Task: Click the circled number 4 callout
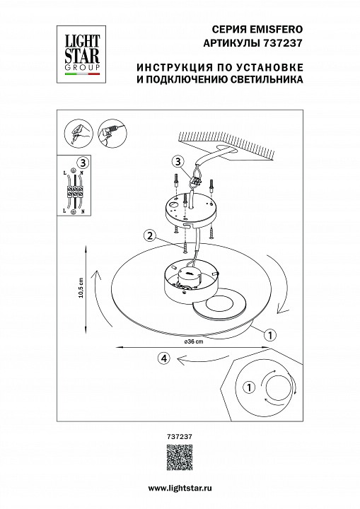164,358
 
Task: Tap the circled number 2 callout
149,235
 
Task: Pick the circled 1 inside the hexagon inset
248,387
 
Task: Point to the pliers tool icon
76,132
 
